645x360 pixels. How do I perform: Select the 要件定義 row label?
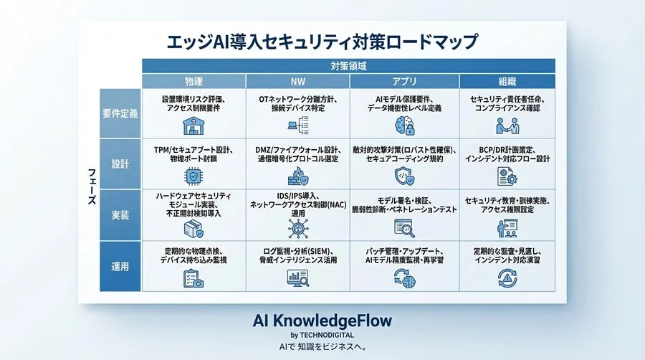[120, 113]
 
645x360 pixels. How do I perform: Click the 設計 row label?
[120, 164]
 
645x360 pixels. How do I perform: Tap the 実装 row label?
[120, 214]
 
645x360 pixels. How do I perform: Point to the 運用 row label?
[120, 266]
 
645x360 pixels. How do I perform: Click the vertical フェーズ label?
[91, 189]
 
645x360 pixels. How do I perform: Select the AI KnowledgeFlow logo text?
[322, 320]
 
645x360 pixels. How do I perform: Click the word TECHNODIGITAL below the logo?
[329, 334]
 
